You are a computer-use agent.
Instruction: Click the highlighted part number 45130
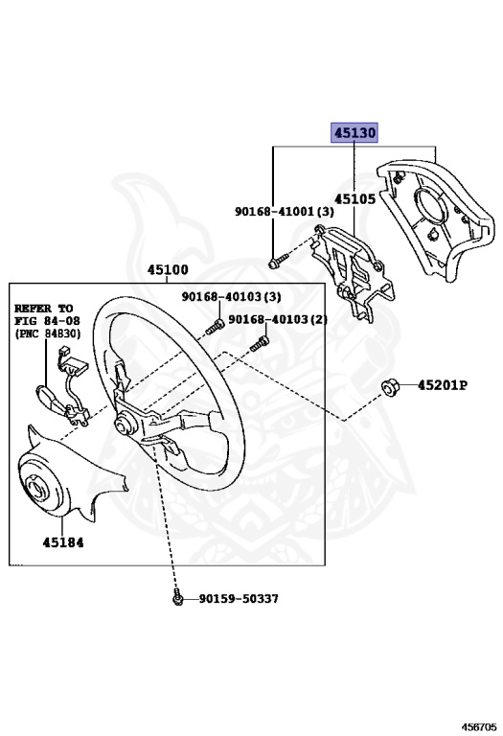point(354,133)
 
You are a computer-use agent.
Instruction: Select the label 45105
point(354,199)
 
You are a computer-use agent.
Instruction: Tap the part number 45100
point(168,269)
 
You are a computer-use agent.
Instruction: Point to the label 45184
point(63,542)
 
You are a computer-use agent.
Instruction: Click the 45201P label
point(442,385)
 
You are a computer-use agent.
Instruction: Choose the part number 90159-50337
point(239,598)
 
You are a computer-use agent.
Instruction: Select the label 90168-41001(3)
point(285,212)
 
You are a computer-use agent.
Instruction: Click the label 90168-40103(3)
point(231,297)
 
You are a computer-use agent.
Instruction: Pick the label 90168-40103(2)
point(278,320)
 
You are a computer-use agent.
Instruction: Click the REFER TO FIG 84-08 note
point(47,321)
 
